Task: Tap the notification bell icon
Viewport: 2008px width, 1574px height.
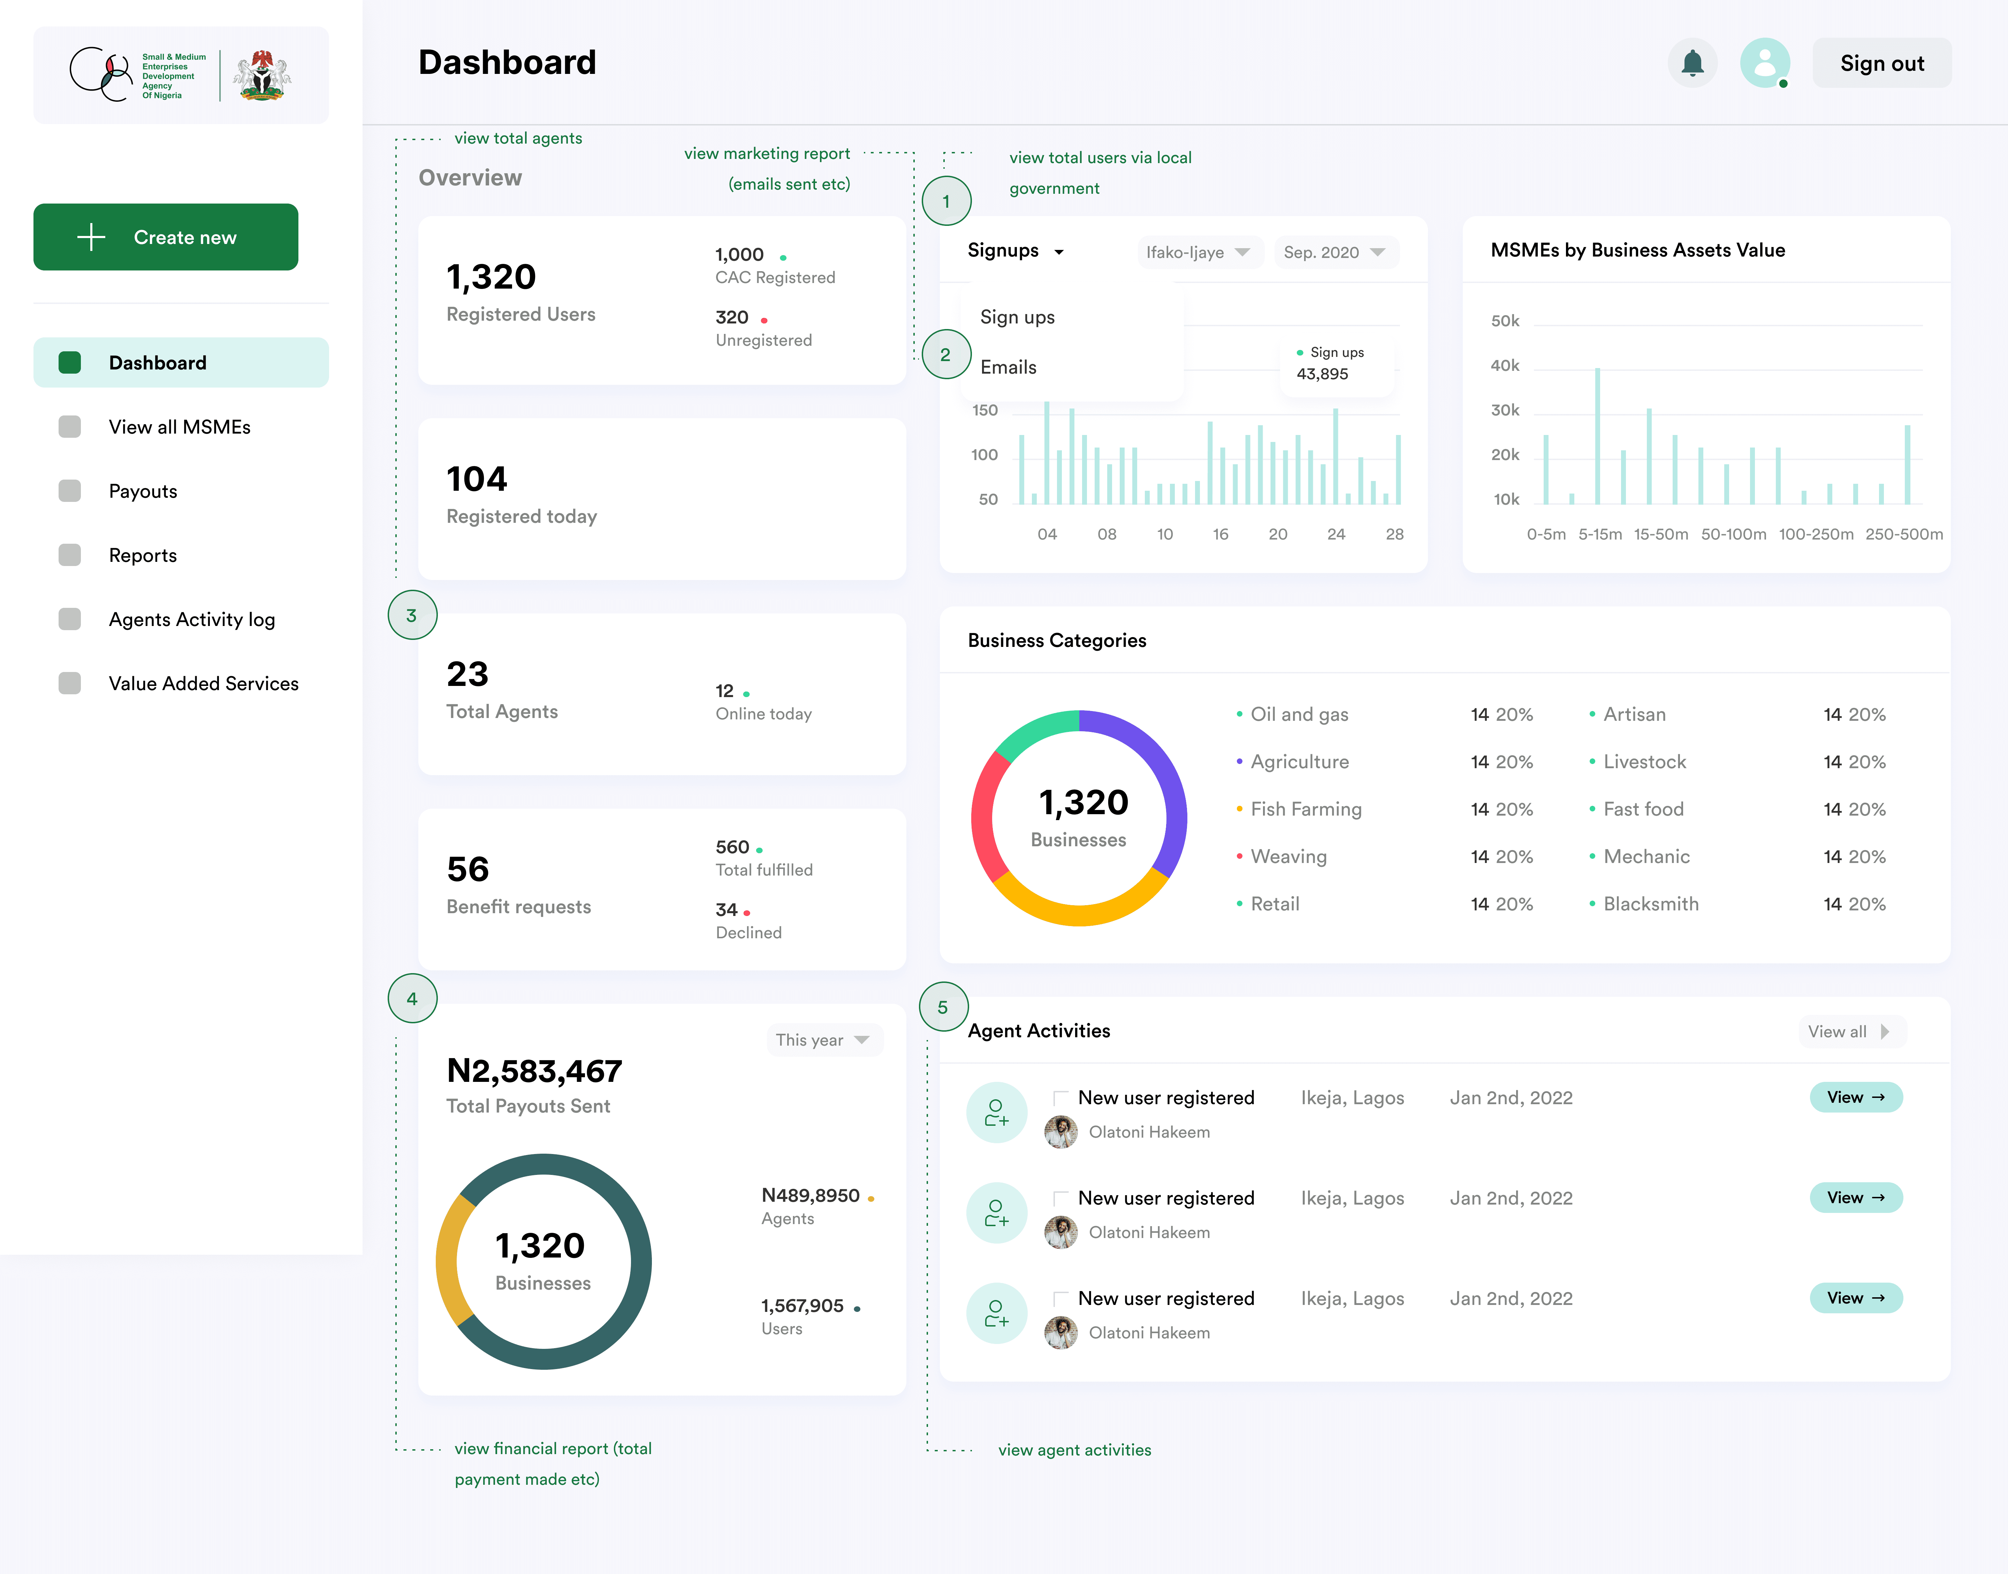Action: click(x=1692, y=63)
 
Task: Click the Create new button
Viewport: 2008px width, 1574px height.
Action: click(x=166, y=237)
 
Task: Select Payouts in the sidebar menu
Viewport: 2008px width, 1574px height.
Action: click(x=143, y=491)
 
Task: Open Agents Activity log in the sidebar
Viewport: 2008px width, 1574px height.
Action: click(x=192, y=619)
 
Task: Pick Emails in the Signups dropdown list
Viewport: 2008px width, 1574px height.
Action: click(x=1008, y=367)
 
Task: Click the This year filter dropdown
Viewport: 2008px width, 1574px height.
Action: click(x=823, y=1039)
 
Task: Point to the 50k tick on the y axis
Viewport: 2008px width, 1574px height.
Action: click(x=1505, y=321)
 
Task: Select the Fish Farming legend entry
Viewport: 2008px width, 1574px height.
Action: click(x=1306, y=809)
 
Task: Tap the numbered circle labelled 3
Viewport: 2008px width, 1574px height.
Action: click(x=412, y=616)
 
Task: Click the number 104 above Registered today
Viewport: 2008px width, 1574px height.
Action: click(x=477, y=479)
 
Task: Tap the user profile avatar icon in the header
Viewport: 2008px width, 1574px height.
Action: click(x=1765, y=63)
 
